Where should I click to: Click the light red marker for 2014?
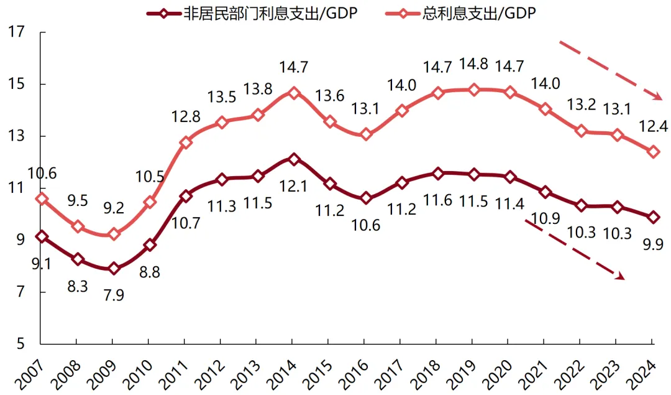294,93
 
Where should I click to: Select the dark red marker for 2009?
113,269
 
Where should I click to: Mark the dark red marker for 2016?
365,198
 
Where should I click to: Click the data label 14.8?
474,65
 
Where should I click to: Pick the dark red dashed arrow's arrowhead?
619,276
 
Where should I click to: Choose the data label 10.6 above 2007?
42,174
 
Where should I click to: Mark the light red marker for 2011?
185,142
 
